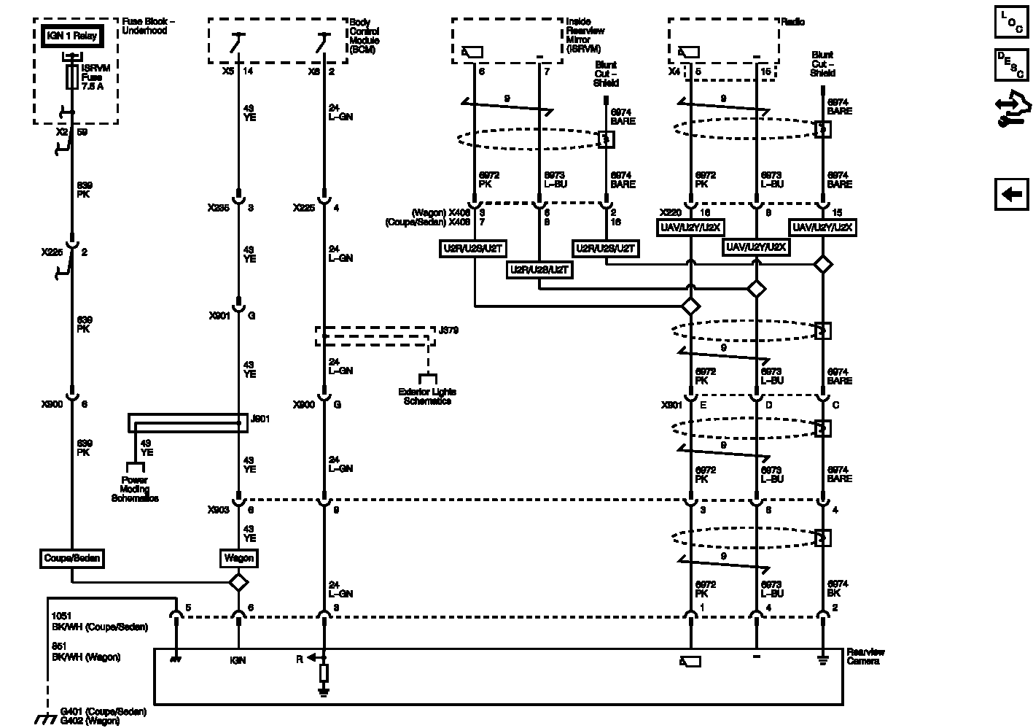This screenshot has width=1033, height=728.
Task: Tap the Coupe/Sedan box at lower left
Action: tap(71, 559)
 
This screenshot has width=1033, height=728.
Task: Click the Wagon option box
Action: tap(238, 559)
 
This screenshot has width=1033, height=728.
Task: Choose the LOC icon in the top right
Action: tap(1011, 22)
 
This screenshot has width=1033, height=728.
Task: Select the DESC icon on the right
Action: tap(1011, 66)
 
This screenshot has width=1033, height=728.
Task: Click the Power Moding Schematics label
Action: tap(135, 489)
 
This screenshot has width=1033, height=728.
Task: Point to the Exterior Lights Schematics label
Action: tap(428, 396)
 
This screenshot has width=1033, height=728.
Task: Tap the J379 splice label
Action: tap(448, 330)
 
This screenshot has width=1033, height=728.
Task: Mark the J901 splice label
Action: tap(260, 419)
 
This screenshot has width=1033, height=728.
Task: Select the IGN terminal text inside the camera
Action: tap(238, 660)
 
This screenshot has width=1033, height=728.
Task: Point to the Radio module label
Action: tap(793, 23)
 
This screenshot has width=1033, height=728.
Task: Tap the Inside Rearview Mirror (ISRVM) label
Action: tap(582, 36)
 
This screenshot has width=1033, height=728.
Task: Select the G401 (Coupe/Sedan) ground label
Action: tap(104, 711)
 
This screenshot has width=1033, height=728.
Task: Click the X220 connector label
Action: tap(670, 212)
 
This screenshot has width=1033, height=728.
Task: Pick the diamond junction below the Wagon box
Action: tap(238, 583)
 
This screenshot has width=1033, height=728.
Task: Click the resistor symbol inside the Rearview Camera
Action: tap(324, 673)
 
